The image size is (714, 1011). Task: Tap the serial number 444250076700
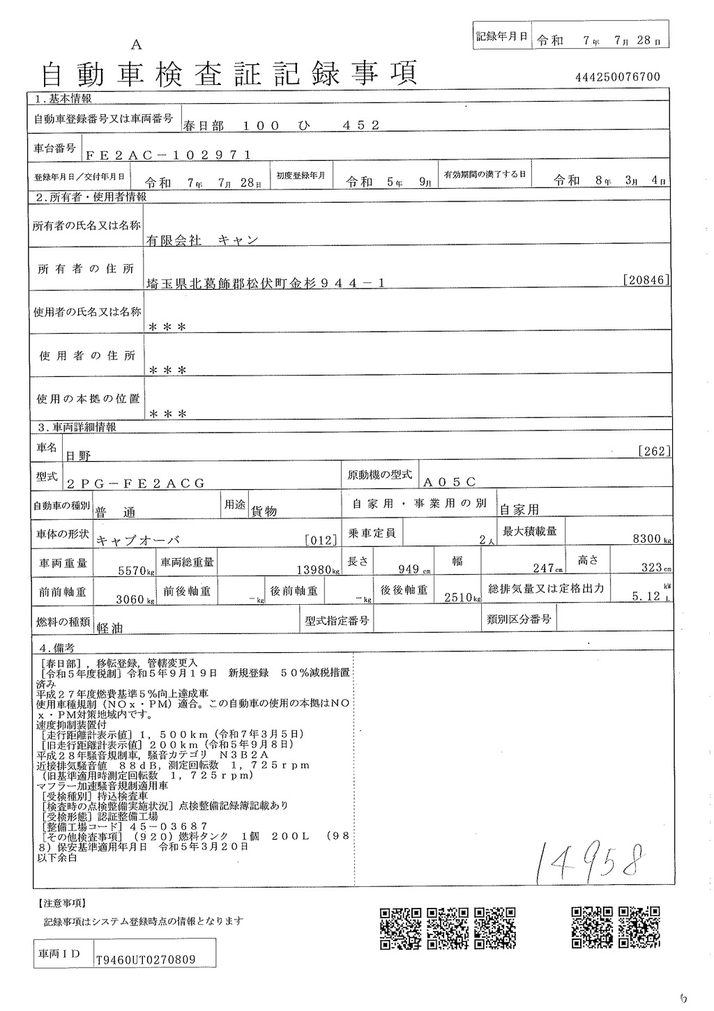coord(618,77)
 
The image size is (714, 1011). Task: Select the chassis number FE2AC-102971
coord(168,155)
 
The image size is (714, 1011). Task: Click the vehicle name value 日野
coord(78,455)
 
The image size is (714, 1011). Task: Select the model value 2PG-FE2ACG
coord(136,482)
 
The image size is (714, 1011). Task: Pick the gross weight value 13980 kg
coord(314,569)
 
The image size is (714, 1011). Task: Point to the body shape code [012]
coord(321,539)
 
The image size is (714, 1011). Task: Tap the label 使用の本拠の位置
coord(87,399)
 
